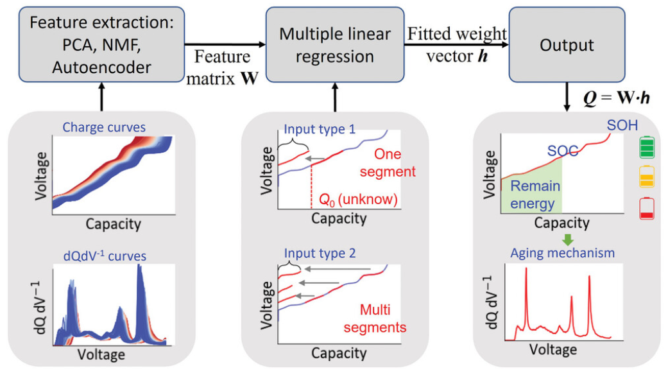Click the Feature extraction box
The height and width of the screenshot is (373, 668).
pos(101,44)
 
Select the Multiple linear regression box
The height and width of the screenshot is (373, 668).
pos(335,44)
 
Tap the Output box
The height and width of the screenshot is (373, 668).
pos(567,44)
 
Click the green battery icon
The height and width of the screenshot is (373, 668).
pos(647,146)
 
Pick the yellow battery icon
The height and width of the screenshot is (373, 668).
pos(647,177)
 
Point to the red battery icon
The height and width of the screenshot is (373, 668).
pos(647,208)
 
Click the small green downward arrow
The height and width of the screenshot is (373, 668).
pos(568,239)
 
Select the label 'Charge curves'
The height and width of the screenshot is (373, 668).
pos(104,127)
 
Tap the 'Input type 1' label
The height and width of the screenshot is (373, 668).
pos(320,129)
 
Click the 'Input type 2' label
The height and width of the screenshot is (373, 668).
pos(320,253)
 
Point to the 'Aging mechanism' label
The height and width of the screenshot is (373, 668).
pos(562,253)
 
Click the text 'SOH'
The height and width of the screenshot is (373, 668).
pos(622,125)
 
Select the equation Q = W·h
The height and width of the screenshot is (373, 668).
pos(617,98)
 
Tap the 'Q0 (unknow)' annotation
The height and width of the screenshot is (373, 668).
pos(358,199)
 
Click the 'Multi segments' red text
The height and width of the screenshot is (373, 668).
pos(375,318)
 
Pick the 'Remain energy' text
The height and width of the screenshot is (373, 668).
pos(535,195)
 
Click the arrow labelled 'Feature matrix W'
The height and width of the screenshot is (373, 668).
pos(225,44)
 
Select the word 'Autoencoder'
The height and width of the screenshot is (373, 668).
pos(101,67)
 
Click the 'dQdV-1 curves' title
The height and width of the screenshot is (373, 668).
pos(105,256)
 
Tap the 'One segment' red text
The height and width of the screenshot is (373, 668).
pos(388,162)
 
